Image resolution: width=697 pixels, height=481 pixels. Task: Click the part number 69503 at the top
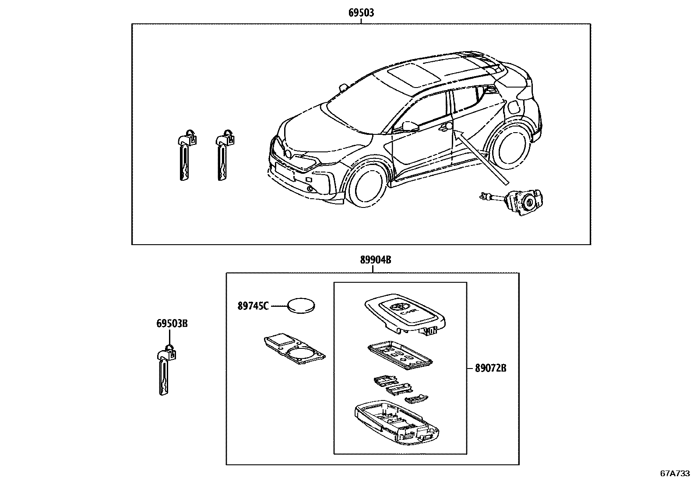(361, 13)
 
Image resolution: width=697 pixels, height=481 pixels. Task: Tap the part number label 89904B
(375, 260)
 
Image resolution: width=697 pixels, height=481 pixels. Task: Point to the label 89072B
(490, 368)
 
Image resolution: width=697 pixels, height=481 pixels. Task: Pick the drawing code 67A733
(675, 473)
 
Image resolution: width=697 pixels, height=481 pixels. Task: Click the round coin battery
(302, 305)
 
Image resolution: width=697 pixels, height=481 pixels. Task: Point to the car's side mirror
(410, 126)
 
